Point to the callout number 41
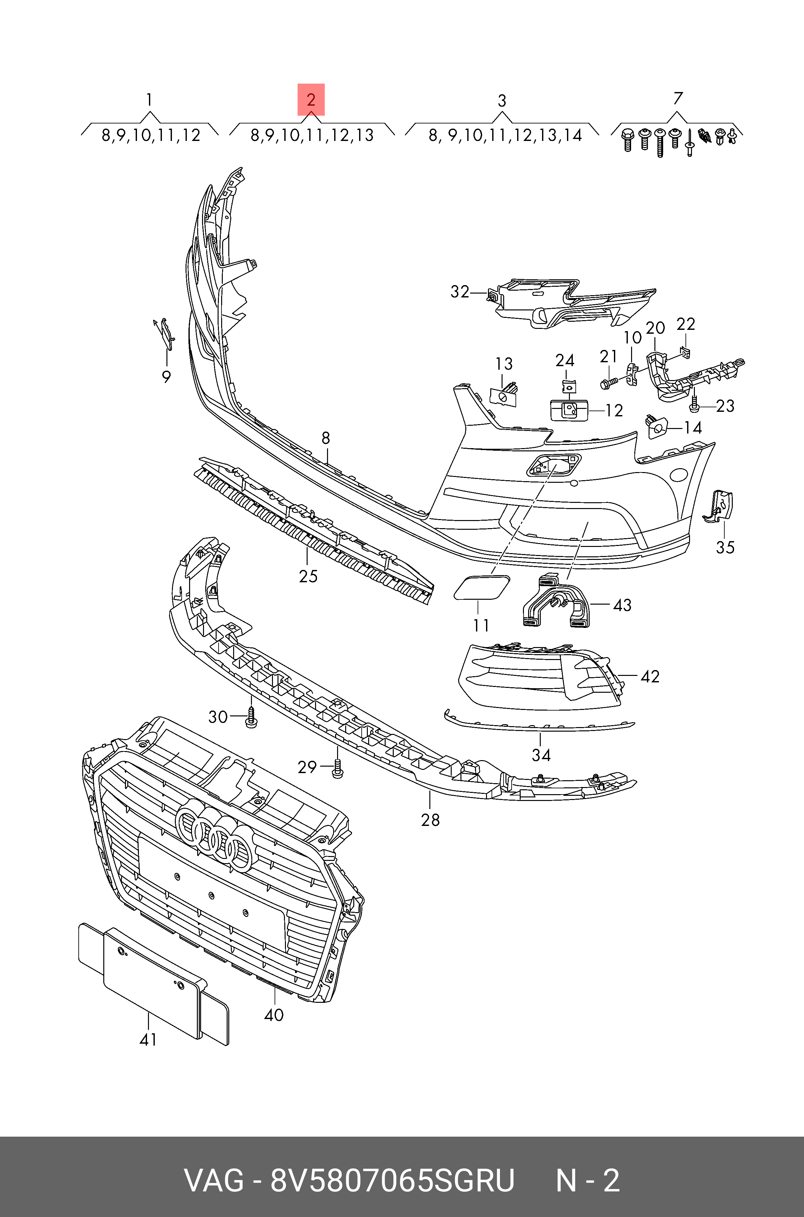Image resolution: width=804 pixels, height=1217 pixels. click(148, 1040)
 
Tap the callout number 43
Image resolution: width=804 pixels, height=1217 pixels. click(622, 605)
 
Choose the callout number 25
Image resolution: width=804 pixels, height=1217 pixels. click(308, 576)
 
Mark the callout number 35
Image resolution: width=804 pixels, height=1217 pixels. click(725, 548)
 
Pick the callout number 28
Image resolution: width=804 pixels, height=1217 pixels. click(430, 820)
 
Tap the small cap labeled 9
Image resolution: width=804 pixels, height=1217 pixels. click(165, 333)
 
